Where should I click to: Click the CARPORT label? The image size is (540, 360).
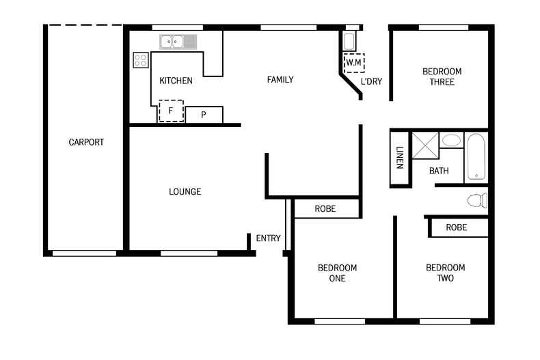point(86,142)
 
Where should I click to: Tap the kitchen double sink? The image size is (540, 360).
point(178,42)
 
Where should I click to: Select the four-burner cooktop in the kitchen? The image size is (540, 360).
point(141,60)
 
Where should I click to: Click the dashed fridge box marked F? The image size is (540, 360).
point(171,111)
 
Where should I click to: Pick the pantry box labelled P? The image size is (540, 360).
point(204,115)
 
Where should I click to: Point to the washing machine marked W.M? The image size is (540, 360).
point(353,63)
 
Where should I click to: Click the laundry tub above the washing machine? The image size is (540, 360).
point(349,41)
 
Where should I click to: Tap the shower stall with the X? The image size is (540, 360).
point(425,146)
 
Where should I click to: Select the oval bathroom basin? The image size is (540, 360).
point(451,140)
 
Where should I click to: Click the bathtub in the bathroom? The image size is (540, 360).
point(476,157)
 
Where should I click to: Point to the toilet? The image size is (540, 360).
point(477,200)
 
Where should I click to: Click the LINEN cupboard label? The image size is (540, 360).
point(400,158)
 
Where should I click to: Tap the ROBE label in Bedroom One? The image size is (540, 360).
point(325,208)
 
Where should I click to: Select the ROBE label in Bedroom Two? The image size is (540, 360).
point(457,227)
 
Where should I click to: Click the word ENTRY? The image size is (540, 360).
point(268,238)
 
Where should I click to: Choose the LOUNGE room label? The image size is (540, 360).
point(185,192)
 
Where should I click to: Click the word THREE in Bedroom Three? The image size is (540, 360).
point(442,82)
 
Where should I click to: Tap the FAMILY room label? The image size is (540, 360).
point(280,80)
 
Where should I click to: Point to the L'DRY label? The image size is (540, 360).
point(371,81)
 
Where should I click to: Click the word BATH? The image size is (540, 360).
point(439,171)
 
